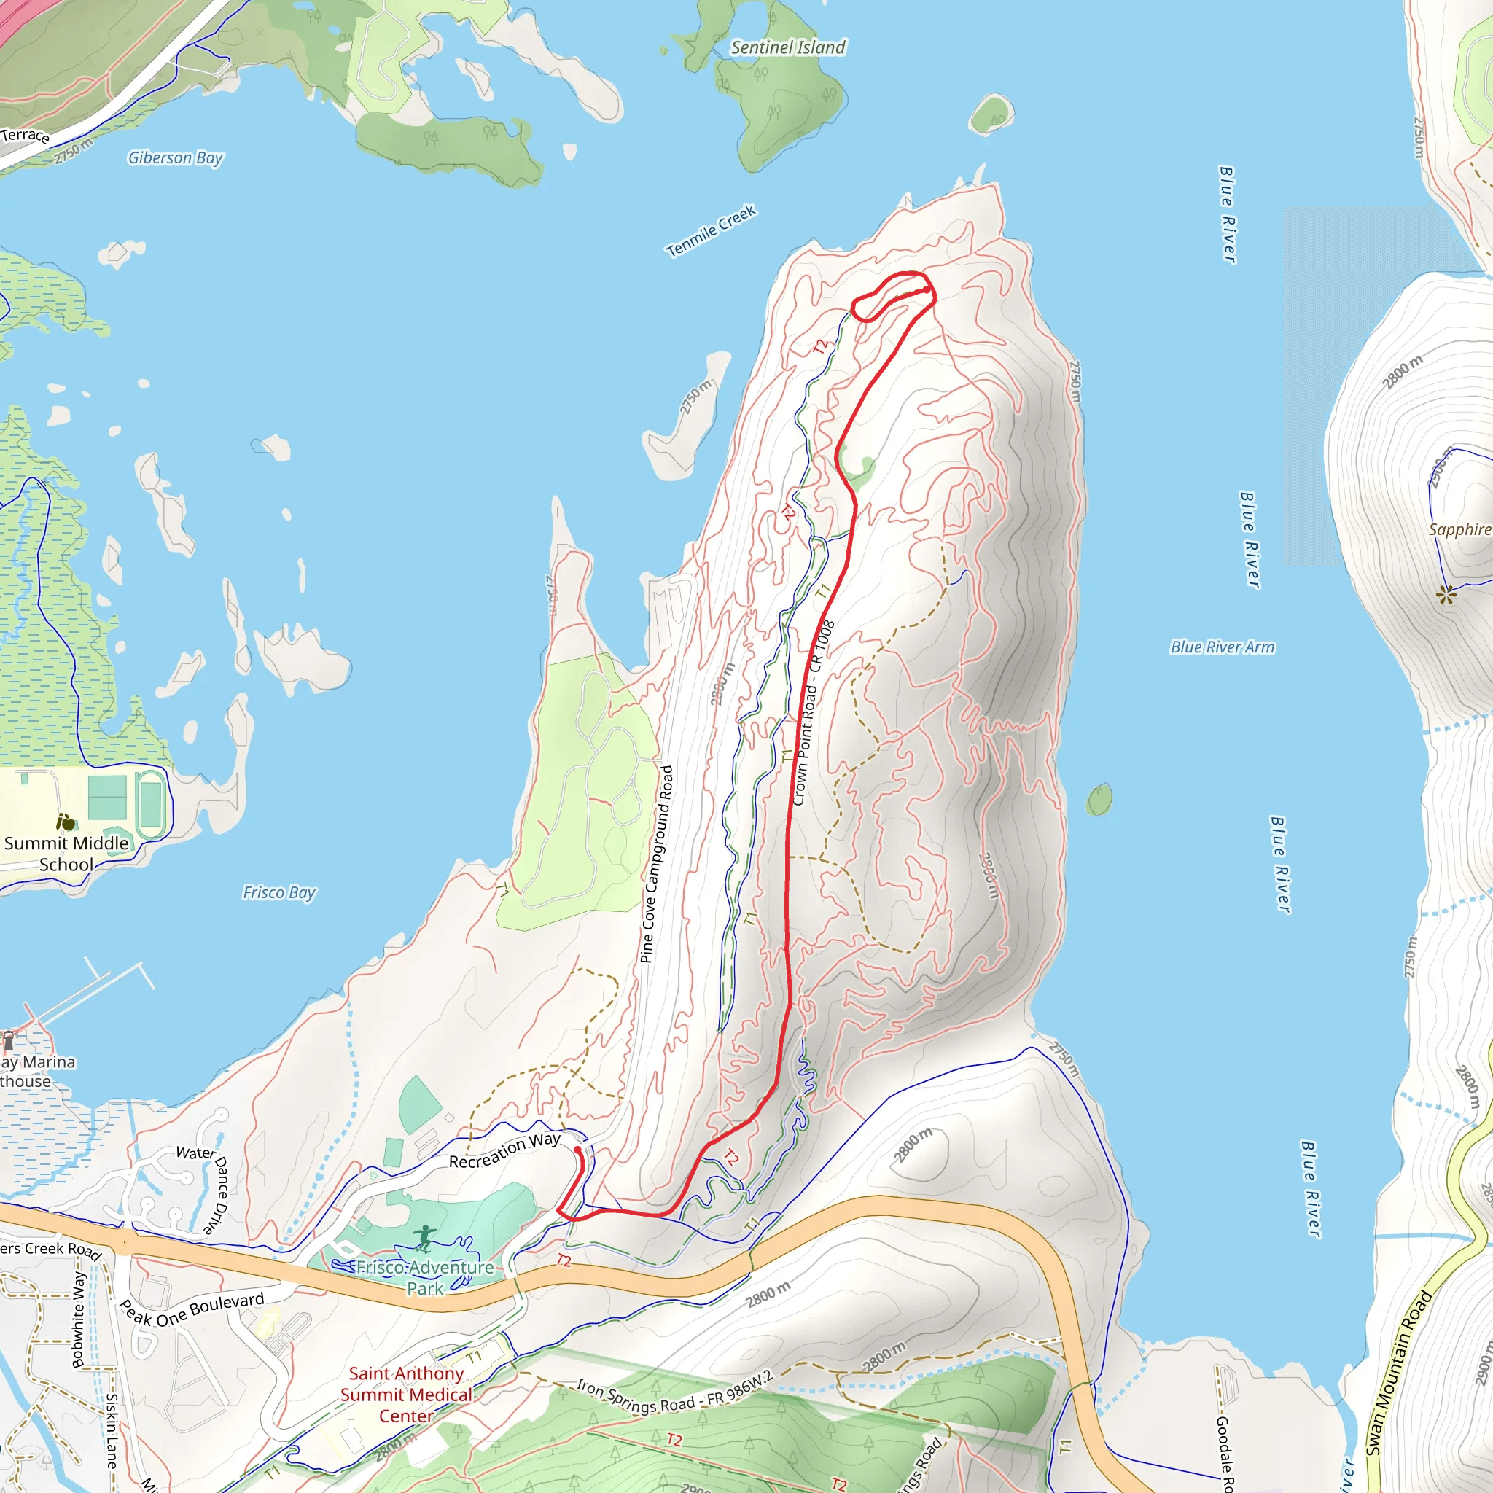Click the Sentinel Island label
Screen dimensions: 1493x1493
pyautogui.click(x=787, y=48)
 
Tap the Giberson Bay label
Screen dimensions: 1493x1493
pyautogui.click(x=176, y=157)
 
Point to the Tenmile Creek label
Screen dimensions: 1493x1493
pyautogui.click(x=710, y=230)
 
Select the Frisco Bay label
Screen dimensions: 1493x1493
pyautogui.click(x=279, y=892)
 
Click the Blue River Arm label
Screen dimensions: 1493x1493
pyautogui.click(x=1222, y=647)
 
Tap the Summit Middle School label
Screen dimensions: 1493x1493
pyautogui.click(x=66, y=854)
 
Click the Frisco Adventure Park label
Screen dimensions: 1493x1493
pyautogui.click(x=424, y=1277)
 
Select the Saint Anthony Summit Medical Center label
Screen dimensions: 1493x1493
pyautogui.click(x=406, y=1394)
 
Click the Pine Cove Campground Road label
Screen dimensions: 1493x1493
pyautogui.click(x=657, y=864)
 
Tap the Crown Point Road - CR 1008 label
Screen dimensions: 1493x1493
pyautogui.click(x=813, y=712)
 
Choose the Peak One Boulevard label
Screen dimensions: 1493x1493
pyautogui.click(x=191, y=1310)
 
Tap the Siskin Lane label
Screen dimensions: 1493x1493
pyautogui.click(x=112, y=1430)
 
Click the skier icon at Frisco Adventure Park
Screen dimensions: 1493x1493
pyautogui.click(x=424, y=1238)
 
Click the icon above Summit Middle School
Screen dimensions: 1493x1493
pyautogui.click(x=66, y=822)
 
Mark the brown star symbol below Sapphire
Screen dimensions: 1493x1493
pyautogui.click(x=1445, y=594)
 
